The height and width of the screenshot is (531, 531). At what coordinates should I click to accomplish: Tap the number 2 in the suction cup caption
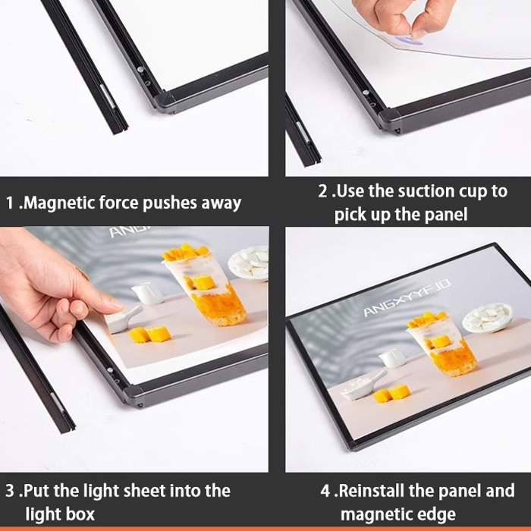[x=323, y=191]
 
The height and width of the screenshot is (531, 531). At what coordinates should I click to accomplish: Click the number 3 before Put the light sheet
[x=10, y=491]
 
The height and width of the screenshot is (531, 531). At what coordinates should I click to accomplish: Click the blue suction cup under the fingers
[x=410, y=41]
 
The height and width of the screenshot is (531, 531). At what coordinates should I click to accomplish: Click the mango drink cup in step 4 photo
[x=441, y=344]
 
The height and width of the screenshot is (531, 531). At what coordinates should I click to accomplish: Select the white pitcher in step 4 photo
[x=392, y=357]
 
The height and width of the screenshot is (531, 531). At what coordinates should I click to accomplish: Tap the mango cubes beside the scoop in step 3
[x=149, y=335]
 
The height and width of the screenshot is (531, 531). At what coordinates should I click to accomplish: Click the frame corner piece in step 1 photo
[x=165, y=101]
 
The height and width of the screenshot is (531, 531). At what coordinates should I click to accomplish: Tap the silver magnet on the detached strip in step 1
[x=108, y=96]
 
